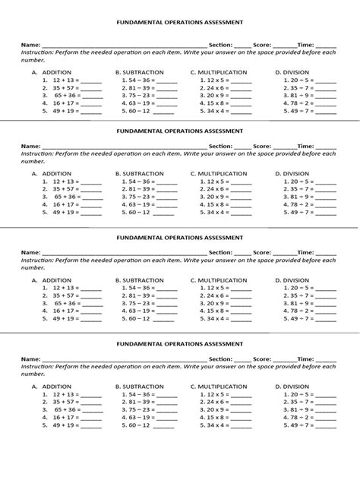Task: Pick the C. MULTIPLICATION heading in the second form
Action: [219, 174]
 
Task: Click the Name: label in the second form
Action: [30, 145]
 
